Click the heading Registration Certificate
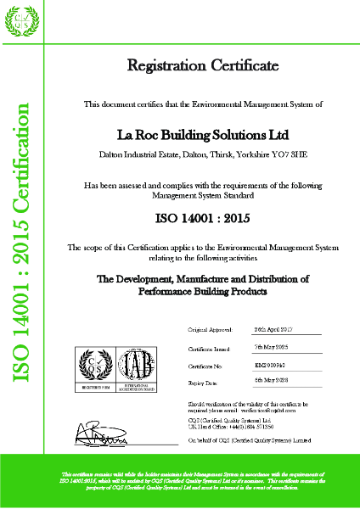(x=201, y=65)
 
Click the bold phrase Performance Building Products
(x=201, y=291)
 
